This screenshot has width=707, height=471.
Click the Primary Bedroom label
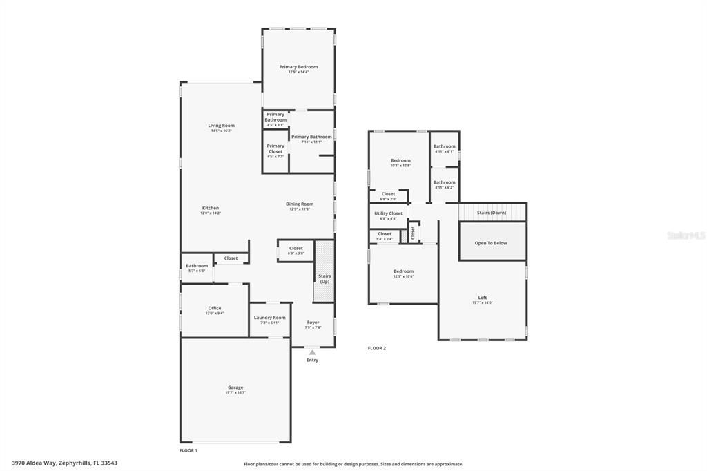pyautogui.click(x=298, y=67)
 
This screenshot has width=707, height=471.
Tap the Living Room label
pyautogui.click(x=222, y=126)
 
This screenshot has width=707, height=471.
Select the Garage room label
pyautogui.click(x=235, y=387)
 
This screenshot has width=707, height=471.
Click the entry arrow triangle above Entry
pyautogui.click(x=312, y=352)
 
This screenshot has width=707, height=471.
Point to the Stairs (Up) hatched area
pyautogui.click(x=324, y=271)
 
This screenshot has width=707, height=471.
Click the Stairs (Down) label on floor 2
pyautogui.click(x=492, y=213)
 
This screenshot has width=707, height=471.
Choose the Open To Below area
pyautogui.click(x=491, y=243)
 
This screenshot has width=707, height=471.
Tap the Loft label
pyautogui.click(x=482, y=298)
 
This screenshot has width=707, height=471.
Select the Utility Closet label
pyautogui.click(x=388, y=214)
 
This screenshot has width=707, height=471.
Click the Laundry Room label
pyautogui.click(x=269, y=318)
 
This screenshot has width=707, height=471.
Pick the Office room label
pyautogui.click(x=215, y=309)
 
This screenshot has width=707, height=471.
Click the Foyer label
pyautogui.click(x=313, y=323)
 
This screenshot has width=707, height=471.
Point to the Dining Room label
pyautogui.click(x=300, y=204)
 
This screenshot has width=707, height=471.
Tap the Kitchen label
pyautogui.click(x=211, y=208)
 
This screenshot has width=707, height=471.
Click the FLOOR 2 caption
pyautogui.click(x=377, y=348)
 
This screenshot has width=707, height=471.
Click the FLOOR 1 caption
pyautogui.click(x=188, y=450)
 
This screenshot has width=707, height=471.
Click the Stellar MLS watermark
pyautogui.click(x=686, y=236)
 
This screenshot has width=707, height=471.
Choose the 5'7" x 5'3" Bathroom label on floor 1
pyautogui.click(x=197, y=266)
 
